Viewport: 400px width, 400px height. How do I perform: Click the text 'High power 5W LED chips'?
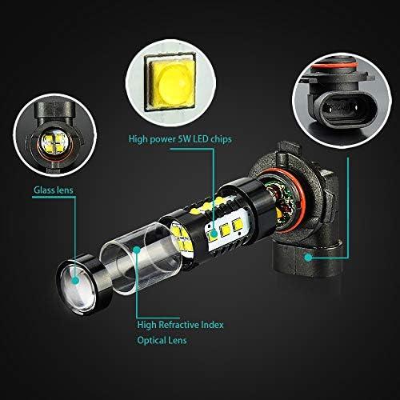click(180, 139)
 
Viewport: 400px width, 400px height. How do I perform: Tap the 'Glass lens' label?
click(54, 190)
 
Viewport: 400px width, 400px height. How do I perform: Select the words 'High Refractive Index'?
click(180, 325)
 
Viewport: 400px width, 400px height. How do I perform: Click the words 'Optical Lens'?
click(162, 340)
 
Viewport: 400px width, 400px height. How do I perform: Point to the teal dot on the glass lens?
click(76, 280)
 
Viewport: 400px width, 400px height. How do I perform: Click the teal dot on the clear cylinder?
click(137, 250)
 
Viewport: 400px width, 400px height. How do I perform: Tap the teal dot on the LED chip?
click(214, 234)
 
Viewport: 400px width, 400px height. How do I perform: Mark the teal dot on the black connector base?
click(309, 258)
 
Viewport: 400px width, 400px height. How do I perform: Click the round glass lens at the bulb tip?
click(78, 286)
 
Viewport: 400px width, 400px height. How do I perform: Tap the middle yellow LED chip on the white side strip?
click(226, 230)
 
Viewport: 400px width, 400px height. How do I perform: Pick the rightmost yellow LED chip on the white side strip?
click(238, 225)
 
